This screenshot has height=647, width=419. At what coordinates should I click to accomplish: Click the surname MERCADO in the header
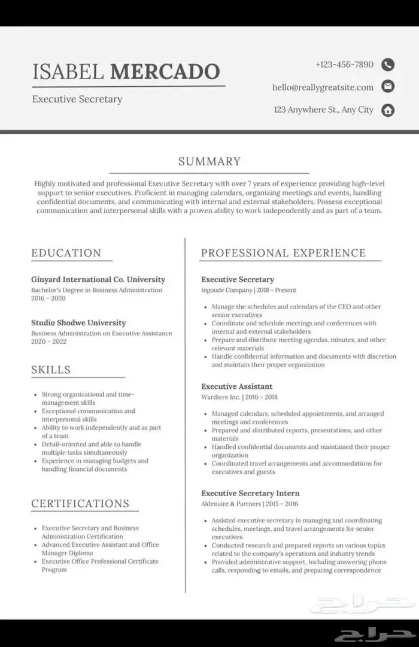165,71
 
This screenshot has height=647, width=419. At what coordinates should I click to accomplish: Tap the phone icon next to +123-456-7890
388,65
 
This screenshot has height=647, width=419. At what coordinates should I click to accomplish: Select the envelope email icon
388,87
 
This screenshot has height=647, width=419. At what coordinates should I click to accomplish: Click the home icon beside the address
388,110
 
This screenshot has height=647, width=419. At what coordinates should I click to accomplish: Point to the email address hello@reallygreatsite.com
323,87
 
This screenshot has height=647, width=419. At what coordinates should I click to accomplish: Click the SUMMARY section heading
209,161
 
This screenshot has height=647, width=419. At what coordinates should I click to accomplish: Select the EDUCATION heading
66,253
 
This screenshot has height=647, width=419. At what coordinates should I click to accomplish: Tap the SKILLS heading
51,370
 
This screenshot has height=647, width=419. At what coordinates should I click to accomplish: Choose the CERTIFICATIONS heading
80,503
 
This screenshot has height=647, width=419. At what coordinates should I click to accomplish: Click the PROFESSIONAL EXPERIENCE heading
283,253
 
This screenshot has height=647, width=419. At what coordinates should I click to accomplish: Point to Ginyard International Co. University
98,279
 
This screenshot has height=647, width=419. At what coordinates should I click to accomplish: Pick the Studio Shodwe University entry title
78,323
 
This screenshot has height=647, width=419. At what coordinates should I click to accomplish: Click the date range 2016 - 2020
48,298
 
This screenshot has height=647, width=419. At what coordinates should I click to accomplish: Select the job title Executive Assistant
236,386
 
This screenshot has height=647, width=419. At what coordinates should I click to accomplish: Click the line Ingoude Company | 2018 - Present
248,290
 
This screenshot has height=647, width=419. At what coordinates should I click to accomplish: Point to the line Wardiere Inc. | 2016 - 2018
239,397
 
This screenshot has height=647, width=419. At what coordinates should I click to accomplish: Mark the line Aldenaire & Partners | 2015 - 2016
249,504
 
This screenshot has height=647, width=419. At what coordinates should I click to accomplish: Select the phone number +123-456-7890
344,65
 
